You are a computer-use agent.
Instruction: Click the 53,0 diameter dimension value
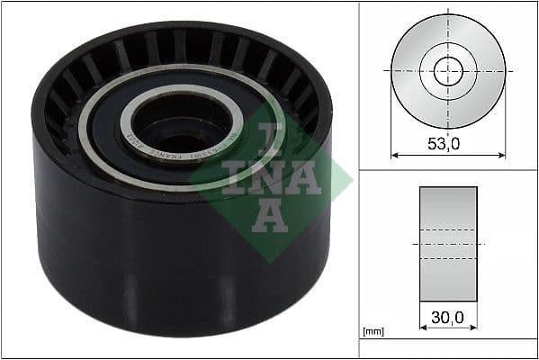point(447,141)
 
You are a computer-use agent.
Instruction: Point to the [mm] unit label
point(373,332)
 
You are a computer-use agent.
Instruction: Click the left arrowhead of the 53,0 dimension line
point(394,155)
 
